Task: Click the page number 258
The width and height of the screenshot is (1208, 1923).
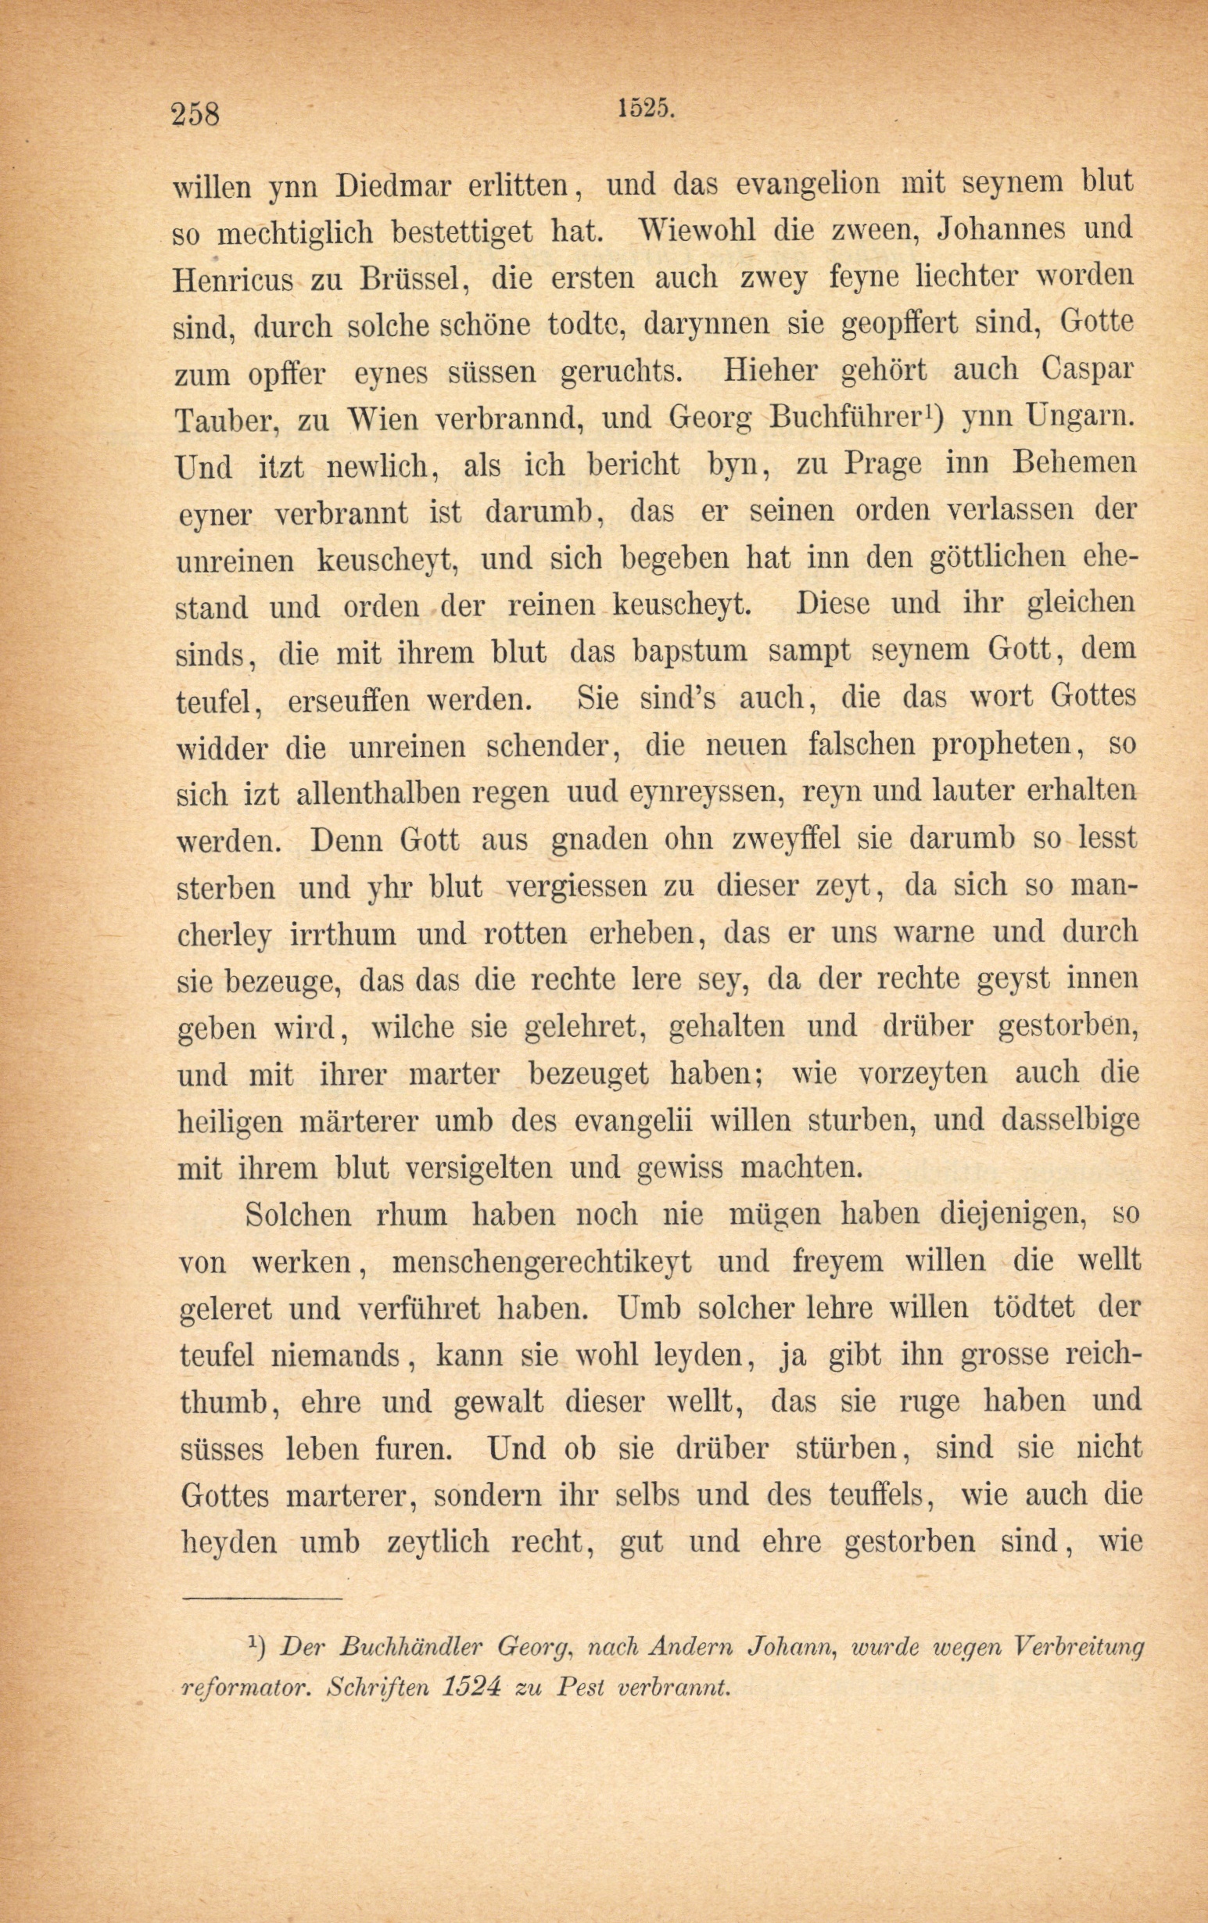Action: pyautogui.click(x=195, y=113)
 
